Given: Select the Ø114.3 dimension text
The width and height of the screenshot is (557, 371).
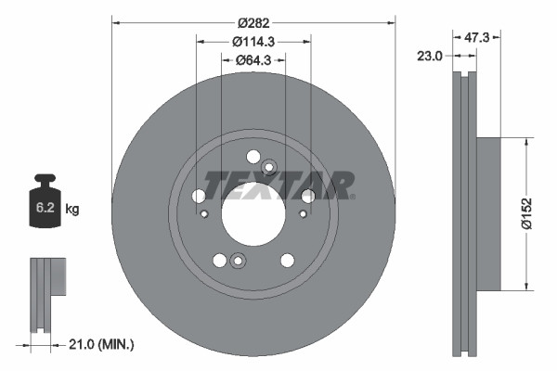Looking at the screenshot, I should [x=253, y=41].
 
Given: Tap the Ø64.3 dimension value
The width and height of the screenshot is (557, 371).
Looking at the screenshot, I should [x=253, y=60].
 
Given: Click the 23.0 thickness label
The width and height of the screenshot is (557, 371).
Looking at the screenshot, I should [x=431, y=56].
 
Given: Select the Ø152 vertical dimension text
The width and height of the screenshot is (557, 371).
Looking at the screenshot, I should [x=526, y=212].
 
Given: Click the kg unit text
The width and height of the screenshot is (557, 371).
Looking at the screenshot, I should [x=72, y=210].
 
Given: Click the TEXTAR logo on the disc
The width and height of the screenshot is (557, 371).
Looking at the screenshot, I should [x=278, y=185].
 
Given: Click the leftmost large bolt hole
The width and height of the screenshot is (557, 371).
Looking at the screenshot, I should [x=198, y=196].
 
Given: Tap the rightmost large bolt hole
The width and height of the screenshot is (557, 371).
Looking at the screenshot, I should [x=308, y=196].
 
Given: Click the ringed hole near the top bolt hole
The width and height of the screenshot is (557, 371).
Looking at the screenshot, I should [x=270, y=168].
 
